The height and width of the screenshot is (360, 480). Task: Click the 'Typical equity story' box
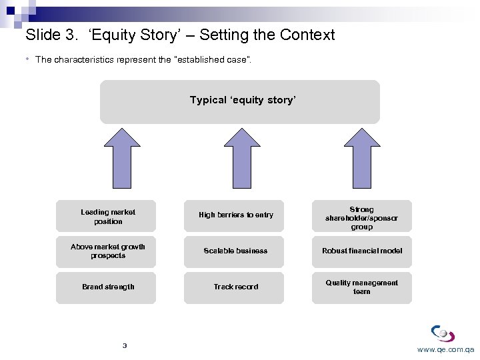[240, 101]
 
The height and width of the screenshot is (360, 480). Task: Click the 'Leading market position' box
[106, 216]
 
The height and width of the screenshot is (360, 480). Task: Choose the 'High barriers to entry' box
[234, 216]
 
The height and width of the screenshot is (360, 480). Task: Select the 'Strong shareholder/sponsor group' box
[362, 217]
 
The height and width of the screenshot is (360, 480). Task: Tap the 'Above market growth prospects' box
[106, 251]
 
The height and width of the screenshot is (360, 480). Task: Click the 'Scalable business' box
[234, 251]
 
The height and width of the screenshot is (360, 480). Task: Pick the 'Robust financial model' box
[362, 251]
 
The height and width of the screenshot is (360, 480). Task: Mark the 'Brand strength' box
[106, 287]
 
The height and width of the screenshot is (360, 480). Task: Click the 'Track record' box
[234, 287]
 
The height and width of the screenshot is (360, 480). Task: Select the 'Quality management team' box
[362, 287]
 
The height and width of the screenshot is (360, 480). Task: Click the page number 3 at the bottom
[125, 345]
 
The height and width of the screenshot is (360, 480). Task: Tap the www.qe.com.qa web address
[445, 349]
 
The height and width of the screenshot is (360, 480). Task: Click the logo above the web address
[443, 333]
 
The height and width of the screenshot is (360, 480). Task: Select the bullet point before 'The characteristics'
[27, 59]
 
